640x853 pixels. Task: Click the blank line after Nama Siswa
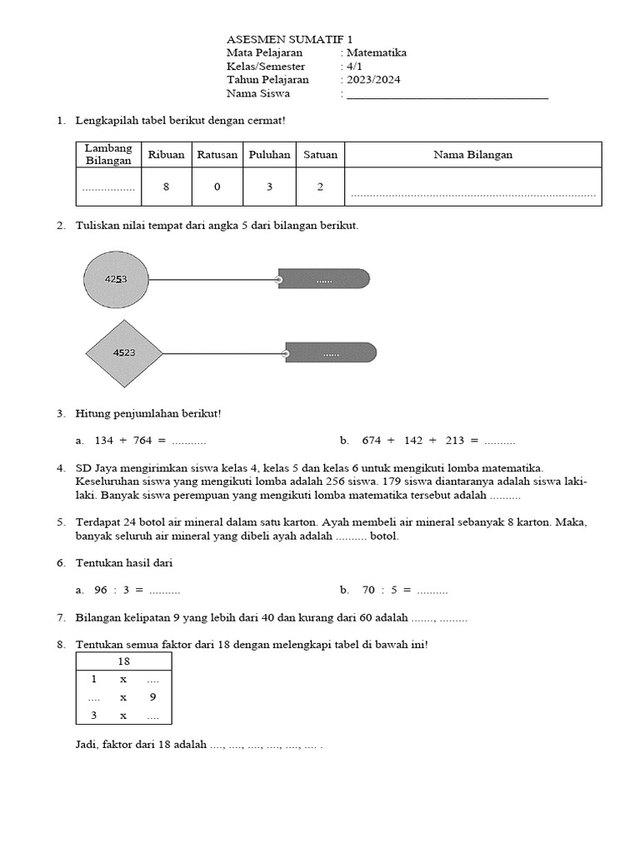(x=447, y=95)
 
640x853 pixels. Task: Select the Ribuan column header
(x=167, y=154)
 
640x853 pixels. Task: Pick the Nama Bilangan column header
(x=472, y=154)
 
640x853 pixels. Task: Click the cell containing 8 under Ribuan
(x=167, y=187)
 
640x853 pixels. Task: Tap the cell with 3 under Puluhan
(x=269, y=187)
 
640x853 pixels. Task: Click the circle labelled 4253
(x=116, y=279)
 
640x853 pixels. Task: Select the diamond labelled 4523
(x=124, y=353)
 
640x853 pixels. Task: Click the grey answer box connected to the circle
(x=323, y=279)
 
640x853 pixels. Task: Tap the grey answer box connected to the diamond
(x=331, y=353)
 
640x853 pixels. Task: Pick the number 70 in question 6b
(x=368, y=590)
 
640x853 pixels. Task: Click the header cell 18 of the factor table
(x=123, y=661)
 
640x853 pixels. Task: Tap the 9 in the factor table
(x=152, y=697)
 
